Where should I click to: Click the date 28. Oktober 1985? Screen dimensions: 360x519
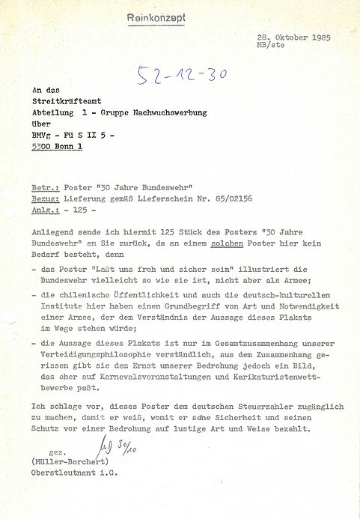pos(293,37)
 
